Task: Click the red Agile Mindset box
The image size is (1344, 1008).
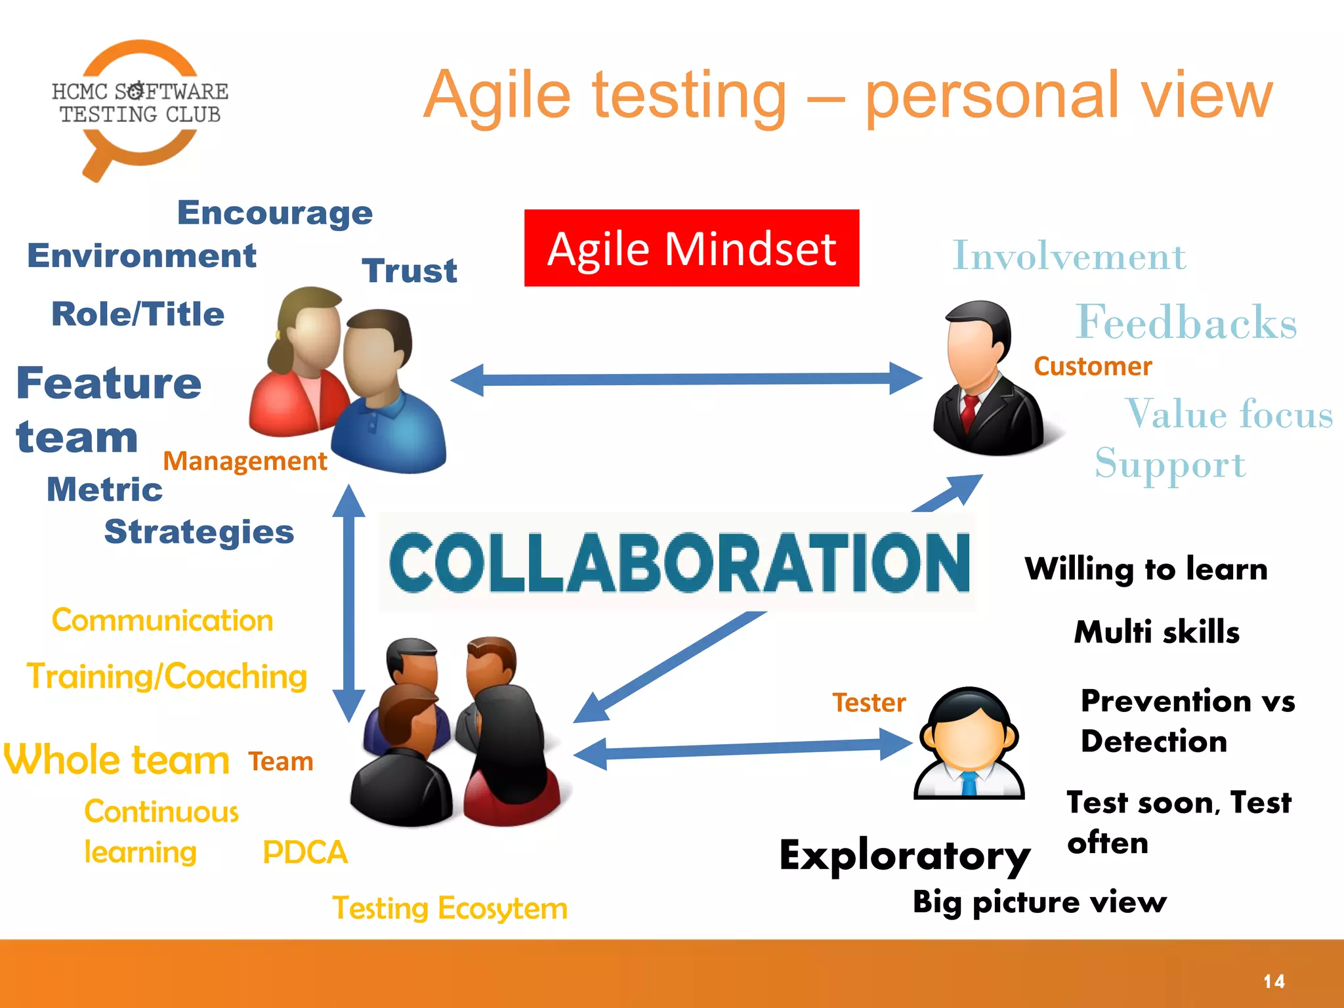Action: pos(691,248)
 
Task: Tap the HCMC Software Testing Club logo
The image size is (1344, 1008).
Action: pos(139,105)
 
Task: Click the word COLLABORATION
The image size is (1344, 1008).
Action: pos(679,562)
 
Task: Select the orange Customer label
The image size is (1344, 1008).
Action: pos(1092,366)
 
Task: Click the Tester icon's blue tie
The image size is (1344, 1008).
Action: pos(969,784)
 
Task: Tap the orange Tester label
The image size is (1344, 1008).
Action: pos(869,703)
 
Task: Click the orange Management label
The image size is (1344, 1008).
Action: pos(244,461)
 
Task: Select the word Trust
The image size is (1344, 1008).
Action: pos(409,271)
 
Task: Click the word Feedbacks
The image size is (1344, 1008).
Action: pos(1185,322)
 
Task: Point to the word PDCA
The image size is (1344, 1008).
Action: pos(304,852)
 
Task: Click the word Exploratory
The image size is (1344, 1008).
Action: pos(904,856)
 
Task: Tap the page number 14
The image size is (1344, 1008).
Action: pos(1274,981)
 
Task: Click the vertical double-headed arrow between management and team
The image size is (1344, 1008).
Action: pos(348,604)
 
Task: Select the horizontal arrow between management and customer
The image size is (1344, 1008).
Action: pos(686,379)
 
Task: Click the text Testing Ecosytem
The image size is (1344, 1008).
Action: pos(450,909)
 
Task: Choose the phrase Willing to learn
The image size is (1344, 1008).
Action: pos(1146,569)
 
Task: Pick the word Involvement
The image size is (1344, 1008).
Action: pos(1068,256)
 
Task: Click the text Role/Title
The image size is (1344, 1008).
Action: pos(138,314)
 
